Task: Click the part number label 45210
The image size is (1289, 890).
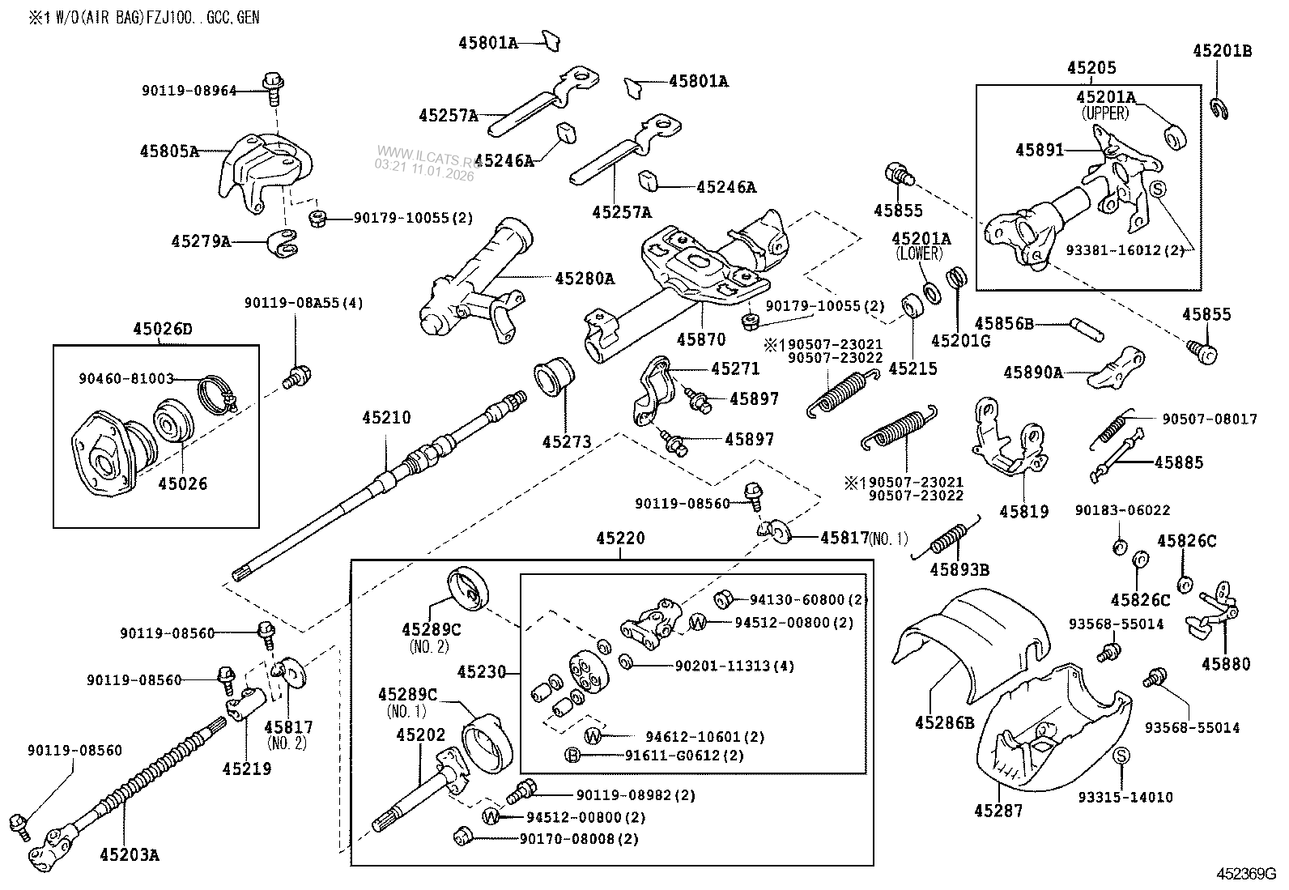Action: pos(386,418)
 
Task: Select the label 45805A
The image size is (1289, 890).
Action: pos(168,150)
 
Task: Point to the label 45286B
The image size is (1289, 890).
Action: pos(945,722)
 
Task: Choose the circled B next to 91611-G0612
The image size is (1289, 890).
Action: pos(573,756)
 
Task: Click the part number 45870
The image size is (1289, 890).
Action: pos(701,339)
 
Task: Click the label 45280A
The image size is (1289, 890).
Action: pos(585,279)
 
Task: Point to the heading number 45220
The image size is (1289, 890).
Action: pos(620,538)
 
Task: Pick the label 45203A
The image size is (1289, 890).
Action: pos(130,853)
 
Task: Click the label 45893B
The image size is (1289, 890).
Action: pos(959,569)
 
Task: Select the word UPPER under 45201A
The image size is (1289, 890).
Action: pos(1105,113)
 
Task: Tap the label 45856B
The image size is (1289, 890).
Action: pos(1004,324)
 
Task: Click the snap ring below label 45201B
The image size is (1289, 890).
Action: pos(1221,108)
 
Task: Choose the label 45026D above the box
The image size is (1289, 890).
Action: pos(163,329)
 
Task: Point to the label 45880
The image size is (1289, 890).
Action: pos(1225,663)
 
